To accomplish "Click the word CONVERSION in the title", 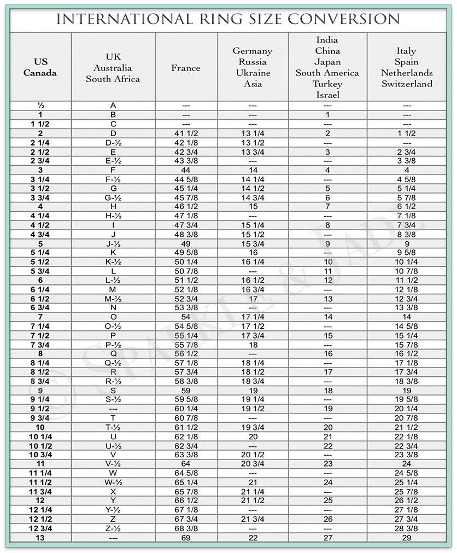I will pyautogui.click(x=343, y=19).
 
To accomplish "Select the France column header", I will pyautogui.click(x=186, y=68).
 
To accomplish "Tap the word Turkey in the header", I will pyautogui.click(x=327, y=84).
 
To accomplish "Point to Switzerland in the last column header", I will pyautogui.click(x=407, y=84).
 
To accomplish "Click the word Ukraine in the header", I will pyautogui.click(x=253, y=73).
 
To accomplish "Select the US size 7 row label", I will pyautogui.click(x=40, y=317).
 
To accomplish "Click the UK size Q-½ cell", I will pyautogui.click(x=113, y=363).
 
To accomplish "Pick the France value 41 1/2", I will pyautogui.click(x=186, y=133).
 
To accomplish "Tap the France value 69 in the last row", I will pyautogui.click(x=186, y=538).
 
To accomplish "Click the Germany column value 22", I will pyautogui.click(x=253, y=538).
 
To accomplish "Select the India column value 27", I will pyautogui.click(x=327, y=538).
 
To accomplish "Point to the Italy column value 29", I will pyautogui.click(x=407, y=538).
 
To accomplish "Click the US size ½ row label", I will pyautogui.click(x=40, y=105).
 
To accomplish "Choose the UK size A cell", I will pyautogui.click(x=113, y=105).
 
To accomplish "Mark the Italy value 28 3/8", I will pyautogui.click(x=407, y=528).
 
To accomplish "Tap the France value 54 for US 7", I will pyautogui.click(x=186, y=317).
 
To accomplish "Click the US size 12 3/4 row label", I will pyautogui.click(x=40, y=528).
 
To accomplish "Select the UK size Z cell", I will pyautogui.click(x=113, y=519).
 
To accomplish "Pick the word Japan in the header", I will pyautogui.click(x=327, y=62).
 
